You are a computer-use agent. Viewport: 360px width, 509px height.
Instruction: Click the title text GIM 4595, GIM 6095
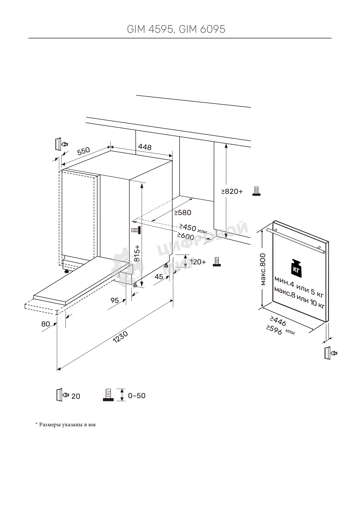pyautogui.click(x=176, y=29)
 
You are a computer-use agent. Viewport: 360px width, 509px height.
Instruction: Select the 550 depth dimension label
pyautogui.click(x=84, y=151)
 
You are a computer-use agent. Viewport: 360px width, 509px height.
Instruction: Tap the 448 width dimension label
pyautogui.click(x=144, y=147)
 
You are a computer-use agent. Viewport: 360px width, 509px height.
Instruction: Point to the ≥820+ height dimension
pyautogui.click(x=232, y=192)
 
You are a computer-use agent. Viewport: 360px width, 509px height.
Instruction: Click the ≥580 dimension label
pyautogui.click(x=183, y=213)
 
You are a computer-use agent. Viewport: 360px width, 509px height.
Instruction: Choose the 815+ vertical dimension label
pyautogui.click(x=137, y=253)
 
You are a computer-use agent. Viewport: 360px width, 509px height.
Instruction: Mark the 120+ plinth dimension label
pyautogui.click(x=198, y=262)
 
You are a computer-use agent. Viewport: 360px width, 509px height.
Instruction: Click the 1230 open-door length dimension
pyautogui.click(x=120, y=337)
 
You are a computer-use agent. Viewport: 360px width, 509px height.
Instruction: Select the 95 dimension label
pyautogui.click(x=115, y=301)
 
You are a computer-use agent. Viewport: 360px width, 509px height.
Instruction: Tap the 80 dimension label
pyautogui.click(x=46, y=324)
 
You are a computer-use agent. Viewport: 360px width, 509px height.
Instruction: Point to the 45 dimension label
pyautogui.click(x=159, y=277)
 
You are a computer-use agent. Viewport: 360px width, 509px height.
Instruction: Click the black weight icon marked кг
pyautogui.click(x=296, y=267)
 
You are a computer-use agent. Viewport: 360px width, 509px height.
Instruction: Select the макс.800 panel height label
pyautogui.click(x=263, y=269)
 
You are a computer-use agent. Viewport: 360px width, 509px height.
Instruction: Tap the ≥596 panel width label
pyautogui.click(x=274, y=330)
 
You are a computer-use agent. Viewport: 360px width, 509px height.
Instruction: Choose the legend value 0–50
pyautogui.click(x=137, y=396)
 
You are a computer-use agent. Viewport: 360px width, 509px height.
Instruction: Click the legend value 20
pyautogui.click(x=76, y=396)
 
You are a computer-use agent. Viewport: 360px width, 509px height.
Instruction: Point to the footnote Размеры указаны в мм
pyautogui.click(x=66, y=425)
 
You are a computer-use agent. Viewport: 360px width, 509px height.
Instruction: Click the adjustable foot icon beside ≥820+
pyautogui.click(x=256, y=191)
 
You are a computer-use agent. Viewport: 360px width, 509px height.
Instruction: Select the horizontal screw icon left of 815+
pyautogui.click(x=136, y=230)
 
